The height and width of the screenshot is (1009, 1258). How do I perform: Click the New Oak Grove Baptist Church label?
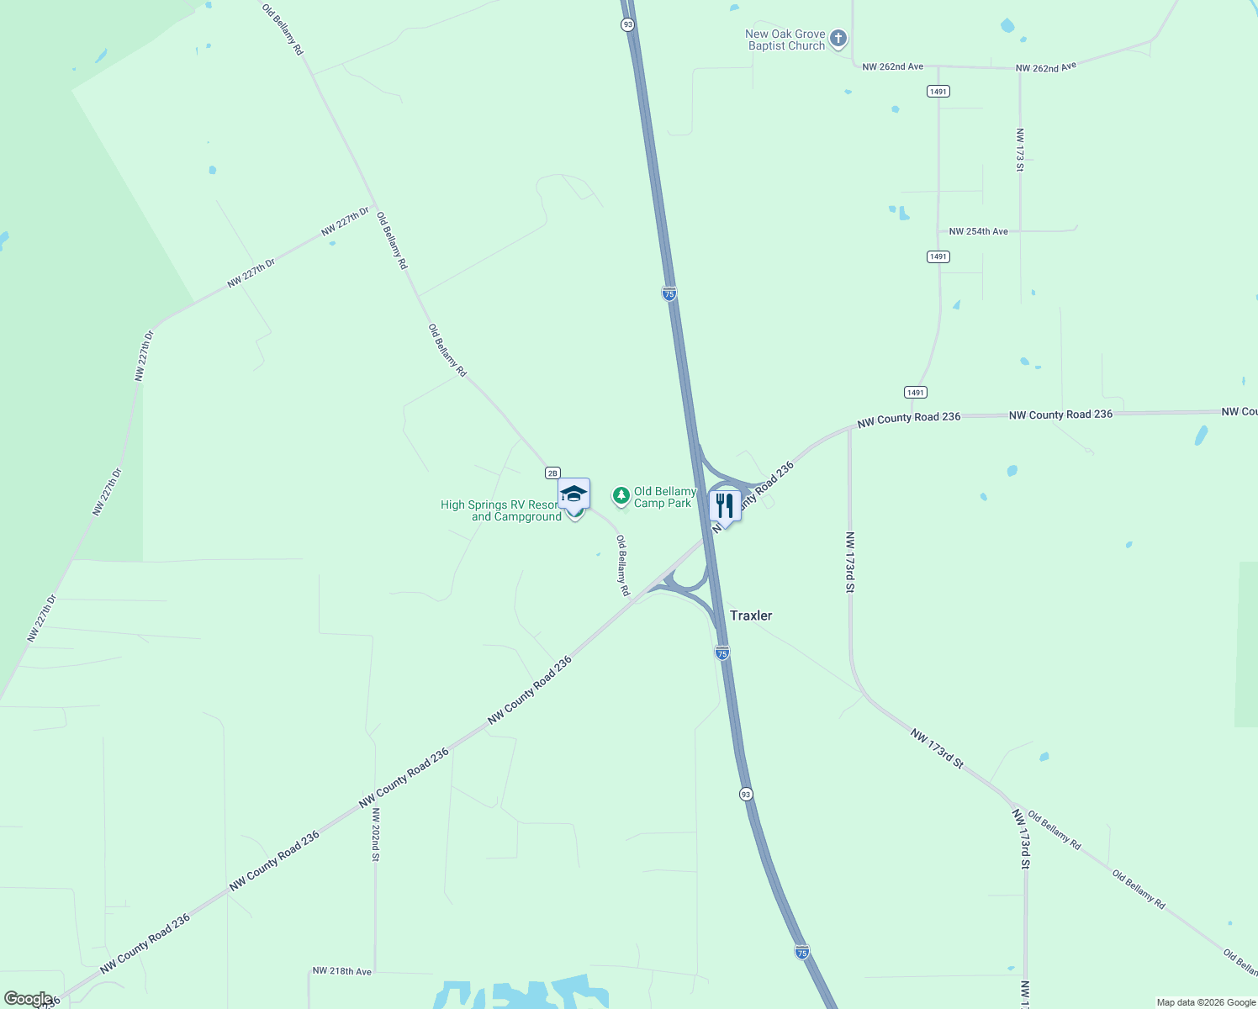tap(786, 40)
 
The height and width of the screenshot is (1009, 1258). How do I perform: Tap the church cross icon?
tap(838, 38)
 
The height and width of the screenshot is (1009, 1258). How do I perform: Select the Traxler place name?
tap(750, 615)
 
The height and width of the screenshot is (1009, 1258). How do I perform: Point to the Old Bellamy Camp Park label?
tap(664, 498)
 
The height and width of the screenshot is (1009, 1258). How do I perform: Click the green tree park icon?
tap(621, 495)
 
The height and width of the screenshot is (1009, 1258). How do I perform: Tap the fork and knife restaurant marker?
tap(724, 505)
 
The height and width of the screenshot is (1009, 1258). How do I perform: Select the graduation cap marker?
tap(573, 494)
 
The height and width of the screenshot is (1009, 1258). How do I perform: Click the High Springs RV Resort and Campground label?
tap(501, 511)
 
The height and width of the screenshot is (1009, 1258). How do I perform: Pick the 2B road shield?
tap(552, 473)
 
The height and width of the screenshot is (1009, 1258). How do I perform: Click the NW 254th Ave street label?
tap(978, 231)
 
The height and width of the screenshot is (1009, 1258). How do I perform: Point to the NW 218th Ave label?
tap(341, 971)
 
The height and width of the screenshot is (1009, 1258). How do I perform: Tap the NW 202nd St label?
tap(376, 834)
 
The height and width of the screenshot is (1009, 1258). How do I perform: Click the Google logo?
tap(28, 999)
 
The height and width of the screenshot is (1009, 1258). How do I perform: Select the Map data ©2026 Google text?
tap(1206, 1002)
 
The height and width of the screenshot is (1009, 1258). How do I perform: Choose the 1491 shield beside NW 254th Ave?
tap(938, 256)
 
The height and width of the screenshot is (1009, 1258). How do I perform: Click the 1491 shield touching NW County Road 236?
tap(916, 393)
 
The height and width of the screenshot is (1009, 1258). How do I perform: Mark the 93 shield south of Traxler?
tap(746, 795)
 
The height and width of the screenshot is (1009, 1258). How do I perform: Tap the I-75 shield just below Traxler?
tap(721, 652)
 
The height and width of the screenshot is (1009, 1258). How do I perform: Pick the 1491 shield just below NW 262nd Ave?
tap(938, 91)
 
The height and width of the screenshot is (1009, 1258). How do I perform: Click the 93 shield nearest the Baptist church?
tap(628, 25)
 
